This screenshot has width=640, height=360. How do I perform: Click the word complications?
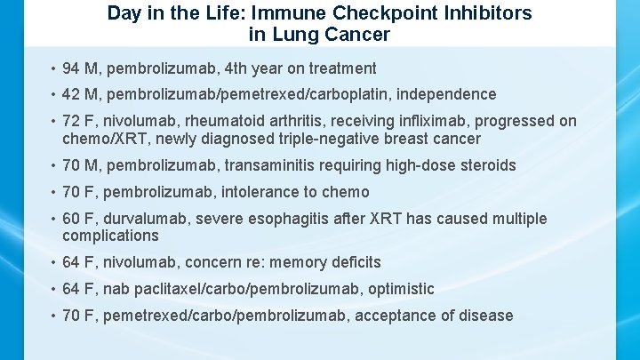coord(110,236)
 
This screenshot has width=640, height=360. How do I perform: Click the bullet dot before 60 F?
coord(53,219)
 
